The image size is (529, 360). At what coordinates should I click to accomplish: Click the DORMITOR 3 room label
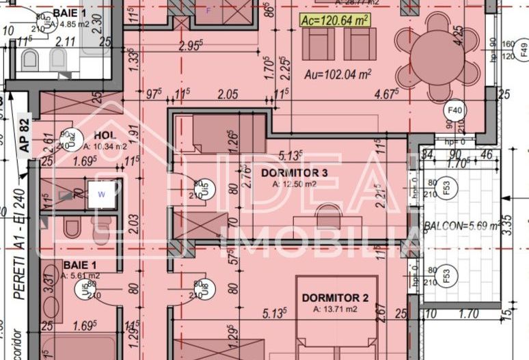(295, 174)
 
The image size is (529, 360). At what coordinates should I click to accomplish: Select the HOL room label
(105, 136)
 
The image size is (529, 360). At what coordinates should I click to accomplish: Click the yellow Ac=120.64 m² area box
(334, 20)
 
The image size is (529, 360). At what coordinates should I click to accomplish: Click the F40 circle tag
(454, 109)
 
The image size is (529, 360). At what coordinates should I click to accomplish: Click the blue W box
(102, 193)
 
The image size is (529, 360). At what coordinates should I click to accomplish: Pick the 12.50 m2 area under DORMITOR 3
(294, 184)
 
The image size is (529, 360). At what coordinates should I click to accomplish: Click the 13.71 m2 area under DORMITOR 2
(335, 309)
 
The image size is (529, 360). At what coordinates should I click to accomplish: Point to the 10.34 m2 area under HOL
(105, 146)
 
